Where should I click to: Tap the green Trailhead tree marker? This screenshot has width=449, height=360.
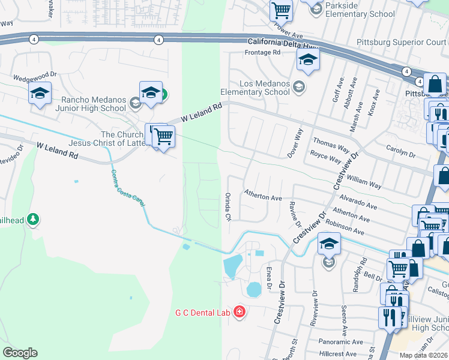click(x=34, y=220)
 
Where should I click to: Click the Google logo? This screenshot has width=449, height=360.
click(x=20, y=352)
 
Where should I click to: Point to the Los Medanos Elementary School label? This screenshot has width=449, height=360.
click(x=255, y=88)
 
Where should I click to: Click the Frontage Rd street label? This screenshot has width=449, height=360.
click(x=263, y=53)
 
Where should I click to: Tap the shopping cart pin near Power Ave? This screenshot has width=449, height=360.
click(x=280, y=10)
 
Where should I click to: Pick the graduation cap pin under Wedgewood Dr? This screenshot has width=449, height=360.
click(x=40, y=94)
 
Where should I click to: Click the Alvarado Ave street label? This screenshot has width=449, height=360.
click(x=357, y=202)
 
